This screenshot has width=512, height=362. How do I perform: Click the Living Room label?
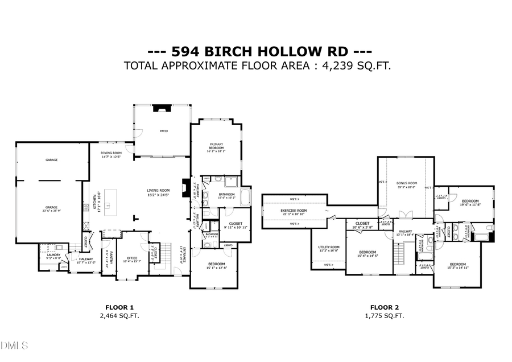[x=159, y=193]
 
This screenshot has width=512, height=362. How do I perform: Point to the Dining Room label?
[x=112, y=154]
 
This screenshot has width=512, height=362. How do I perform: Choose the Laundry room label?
[x=53, y=256]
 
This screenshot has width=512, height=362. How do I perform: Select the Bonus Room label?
[x=407, y=185]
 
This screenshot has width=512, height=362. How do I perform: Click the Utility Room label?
[x=328, y=249]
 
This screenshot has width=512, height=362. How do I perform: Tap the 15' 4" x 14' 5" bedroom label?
[x=368, y=253]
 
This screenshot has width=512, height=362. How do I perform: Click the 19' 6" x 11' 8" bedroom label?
[x=470, y=203]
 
